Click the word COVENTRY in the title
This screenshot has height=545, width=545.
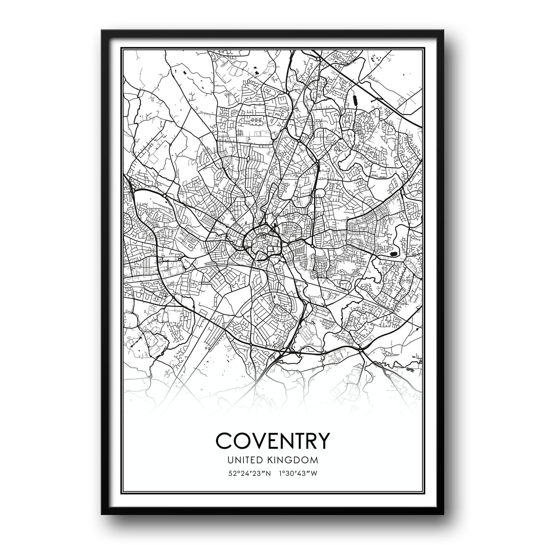coord(272,440)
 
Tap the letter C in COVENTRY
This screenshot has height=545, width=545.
coord(224,440)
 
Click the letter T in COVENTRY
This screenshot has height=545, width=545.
coord(294,440)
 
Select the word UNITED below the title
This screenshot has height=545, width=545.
coord(248,460)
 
